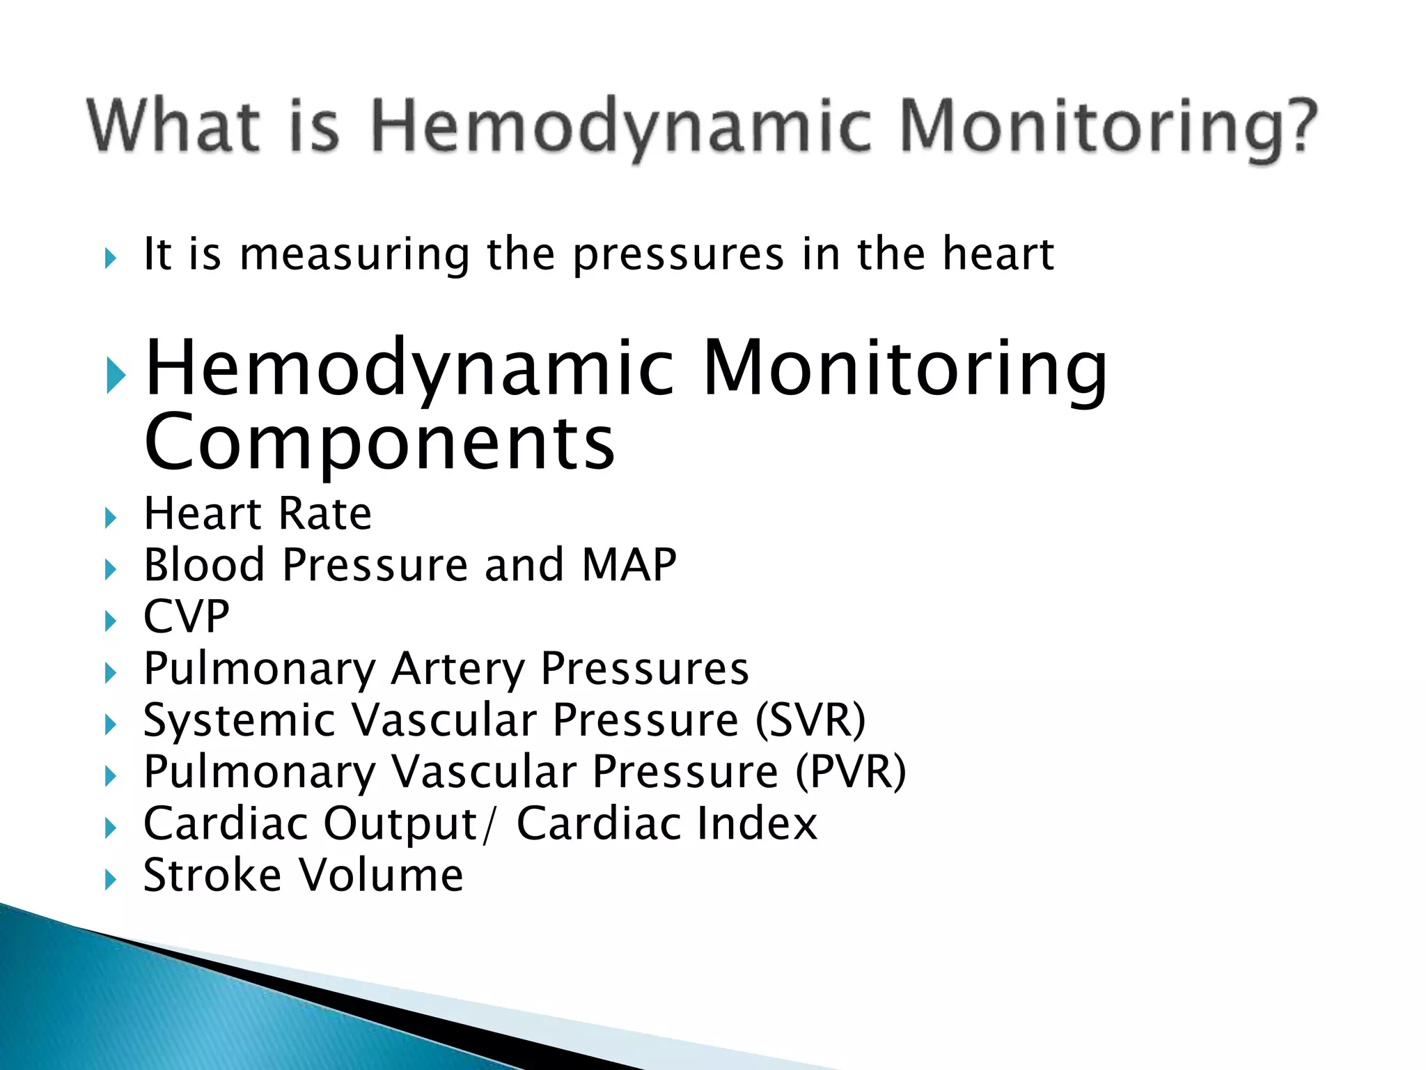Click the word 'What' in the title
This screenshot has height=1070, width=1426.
point(173,125)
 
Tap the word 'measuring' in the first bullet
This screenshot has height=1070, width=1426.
point(354,255)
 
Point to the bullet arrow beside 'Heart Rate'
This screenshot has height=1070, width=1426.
point(110,518)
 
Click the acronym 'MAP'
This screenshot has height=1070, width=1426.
point(629,564)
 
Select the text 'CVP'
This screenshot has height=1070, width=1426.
point(186,617)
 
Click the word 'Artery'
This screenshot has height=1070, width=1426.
point(457,669)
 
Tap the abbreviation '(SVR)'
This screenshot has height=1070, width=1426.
point(810,720)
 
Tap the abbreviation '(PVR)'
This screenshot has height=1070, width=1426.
point(850,773)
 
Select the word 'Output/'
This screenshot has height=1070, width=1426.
point(411,823)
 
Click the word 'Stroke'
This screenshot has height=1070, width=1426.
point(212,875)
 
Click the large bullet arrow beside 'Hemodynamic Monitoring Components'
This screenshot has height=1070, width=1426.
point(116,375)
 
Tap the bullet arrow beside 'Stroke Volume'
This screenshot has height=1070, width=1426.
point(110,880)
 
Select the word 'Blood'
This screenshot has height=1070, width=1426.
point(204,564)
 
